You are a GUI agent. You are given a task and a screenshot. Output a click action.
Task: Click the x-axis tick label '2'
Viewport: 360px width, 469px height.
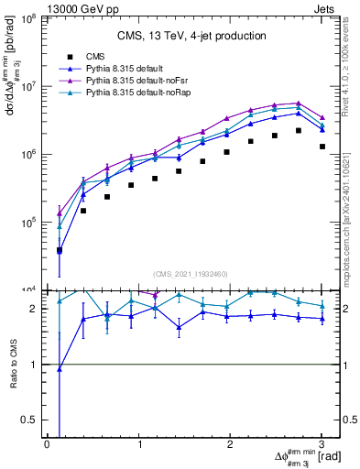(230, 444)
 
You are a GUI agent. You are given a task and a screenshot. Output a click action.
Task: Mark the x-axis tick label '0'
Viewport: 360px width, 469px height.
(47, 444)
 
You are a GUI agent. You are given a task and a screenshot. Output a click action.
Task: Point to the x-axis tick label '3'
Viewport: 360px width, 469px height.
(322, 444)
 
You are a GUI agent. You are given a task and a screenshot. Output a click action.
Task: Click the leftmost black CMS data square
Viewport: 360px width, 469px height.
(59, 250)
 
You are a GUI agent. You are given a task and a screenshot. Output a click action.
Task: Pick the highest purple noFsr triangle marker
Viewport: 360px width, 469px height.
(298, 104)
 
